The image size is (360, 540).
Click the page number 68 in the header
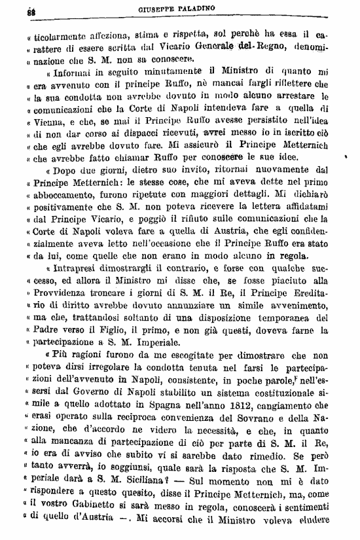pos(31,10)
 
